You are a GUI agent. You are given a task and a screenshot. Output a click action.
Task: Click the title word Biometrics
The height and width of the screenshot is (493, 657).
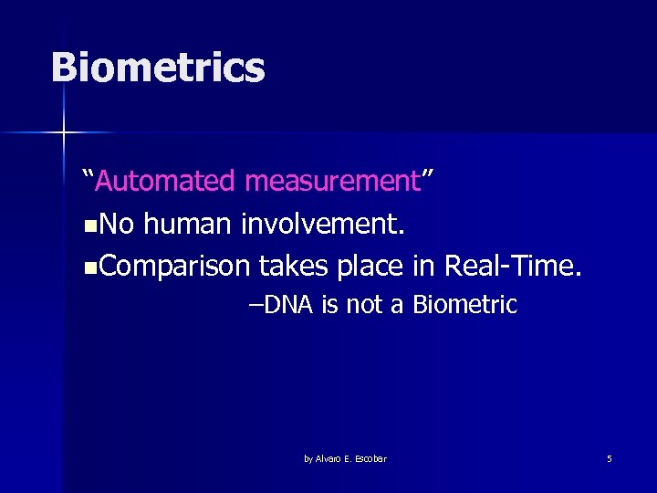158,68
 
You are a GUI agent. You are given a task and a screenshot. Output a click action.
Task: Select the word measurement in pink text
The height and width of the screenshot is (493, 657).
331,181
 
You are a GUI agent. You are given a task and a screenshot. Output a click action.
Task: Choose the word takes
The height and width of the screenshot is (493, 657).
294,266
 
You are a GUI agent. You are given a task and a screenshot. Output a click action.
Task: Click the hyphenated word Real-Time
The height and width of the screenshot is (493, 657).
512,266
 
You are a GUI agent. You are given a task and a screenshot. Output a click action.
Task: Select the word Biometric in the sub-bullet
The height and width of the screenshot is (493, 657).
464,305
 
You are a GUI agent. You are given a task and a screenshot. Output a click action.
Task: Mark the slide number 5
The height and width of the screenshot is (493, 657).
609,458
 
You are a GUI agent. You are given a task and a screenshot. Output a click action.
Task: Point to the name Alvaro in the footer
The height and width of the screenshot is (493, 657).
329,458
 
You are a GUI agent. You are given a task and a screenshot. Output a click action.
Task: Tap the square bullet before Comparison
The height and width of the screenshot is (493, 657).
88,267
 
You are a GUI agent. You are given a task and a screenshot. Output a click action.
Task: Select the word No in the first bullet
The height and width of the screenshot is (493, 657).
115,224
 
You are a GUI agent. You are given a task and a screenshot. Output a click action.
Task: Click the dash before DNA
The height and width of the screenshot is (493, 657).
255,305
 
